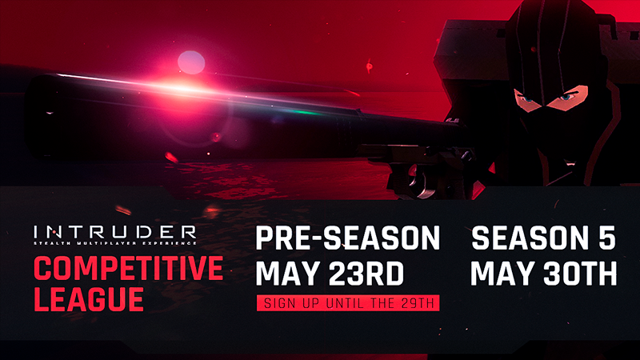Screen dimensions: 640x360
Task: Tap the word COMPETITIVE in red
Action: tap(129, 268)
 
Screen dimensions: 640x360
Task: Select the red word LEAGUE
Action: tap(89, 299)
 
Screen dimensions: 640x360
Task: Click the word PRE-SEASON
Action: tap(348, 238)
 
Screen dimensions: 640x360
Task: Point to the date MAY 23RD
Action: tap(330, 273)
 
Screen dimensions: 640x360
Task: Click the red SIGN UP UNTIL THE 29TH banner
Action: tap(348, 303)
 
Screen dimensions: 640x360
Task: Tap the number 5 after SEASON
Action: tap(607, 238)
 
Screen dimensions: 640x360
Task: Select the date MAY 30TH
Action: tap(544, 273)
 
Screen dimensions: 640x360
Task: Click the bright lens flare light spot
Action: tap(191, 62)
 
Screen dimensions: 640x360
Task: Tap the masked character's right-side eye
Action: tap(566, 97)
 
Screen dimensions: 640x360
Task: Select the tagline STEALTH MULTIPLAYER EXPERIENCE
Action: tap(115, 243)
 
